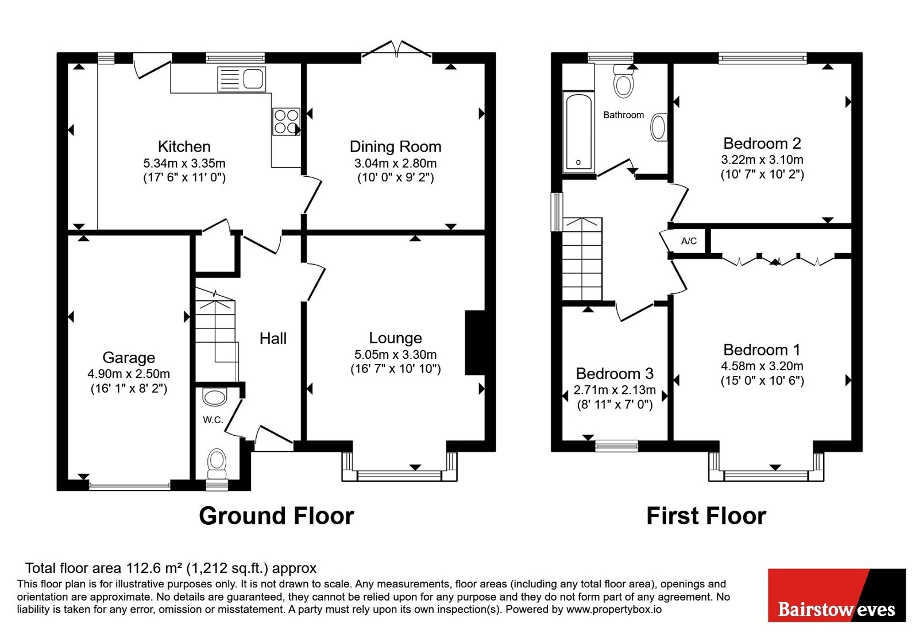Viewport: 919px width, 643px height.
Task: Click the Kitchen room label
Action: (x=184, y=146)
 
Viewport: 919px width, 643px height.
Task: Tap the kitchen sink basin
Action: (x=253, y=79)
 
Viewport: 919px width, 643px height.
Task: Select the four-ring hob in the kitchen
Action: (x=287, y=121)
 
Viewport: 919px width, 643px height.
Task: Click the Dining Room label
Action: (x=396, y=147)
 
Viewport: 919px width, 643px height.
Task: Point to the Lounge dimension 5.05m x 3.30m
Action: (x=396, y=354)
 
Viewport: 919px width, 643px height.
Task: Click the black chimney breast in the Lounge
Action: (x=474, y=343)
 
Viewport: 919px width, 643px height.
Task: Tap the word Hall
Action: (x=273, y=338)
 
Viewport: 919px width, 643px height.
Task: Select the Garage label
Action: (x=129, y=358)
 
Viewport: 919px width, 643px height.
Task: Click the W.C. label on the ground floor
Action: (x=213, y=420)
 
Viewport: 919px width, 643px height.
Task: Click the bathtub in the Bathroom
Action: (x=578, y=131)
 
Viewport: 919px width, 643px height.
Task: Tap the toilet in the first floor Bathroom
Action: (x=623, y=81)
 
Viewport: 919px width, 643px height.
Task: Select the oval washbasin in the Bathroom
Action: (x=658, y=127)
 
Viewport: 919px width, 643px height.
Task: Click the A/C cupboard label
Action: (x=689, y=241)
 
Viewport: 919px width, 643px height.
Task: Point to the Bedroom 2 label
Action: (x=762, y=144)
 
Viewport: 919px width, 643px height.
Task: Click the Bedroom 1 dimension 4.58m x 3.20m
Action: (x=762, y=366)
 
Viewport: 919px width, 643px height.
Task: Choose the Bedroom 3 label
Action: (x=615, y=374)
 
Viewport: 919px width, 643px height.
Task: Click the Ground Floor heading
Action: (x=276, y=516)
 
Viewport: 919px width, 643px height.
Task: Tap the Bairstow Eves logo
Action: (x=837, y=595)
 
